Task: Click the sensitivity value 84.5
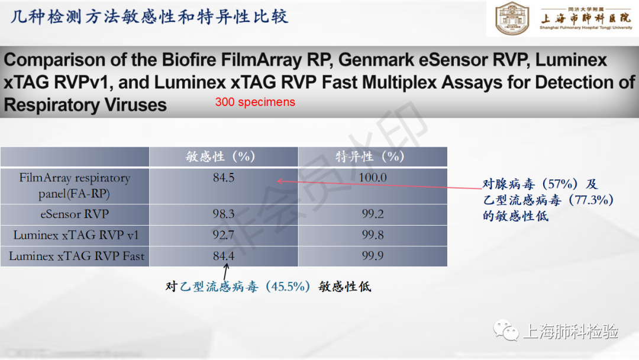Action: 223,178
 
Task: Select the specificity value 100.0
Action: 373,178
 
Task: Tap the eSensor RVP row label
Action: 75,214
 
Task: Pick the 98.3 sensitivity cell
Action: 223,214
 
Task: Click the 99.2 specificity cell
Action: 373,214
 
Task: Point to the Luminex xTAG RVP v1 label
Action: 76,235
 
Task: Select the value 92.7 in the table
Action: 223,235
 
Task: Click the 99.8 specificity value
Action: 373,235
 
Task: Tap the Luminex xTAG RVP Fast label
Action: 76,256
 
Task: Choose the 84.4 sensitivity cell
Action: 223,256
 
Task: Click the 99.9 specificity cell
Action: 373,256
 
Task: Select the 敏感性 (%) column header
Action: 220,156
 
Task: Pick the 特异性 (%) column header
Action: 370,156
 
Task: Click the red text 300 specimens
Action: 255,102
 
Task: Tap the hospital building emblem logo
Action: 512,18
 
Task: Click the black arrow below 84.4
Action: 225,271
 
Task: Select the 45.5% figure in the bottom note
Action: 288,287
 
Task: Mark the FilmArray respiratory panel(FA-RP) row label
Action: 75,185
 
